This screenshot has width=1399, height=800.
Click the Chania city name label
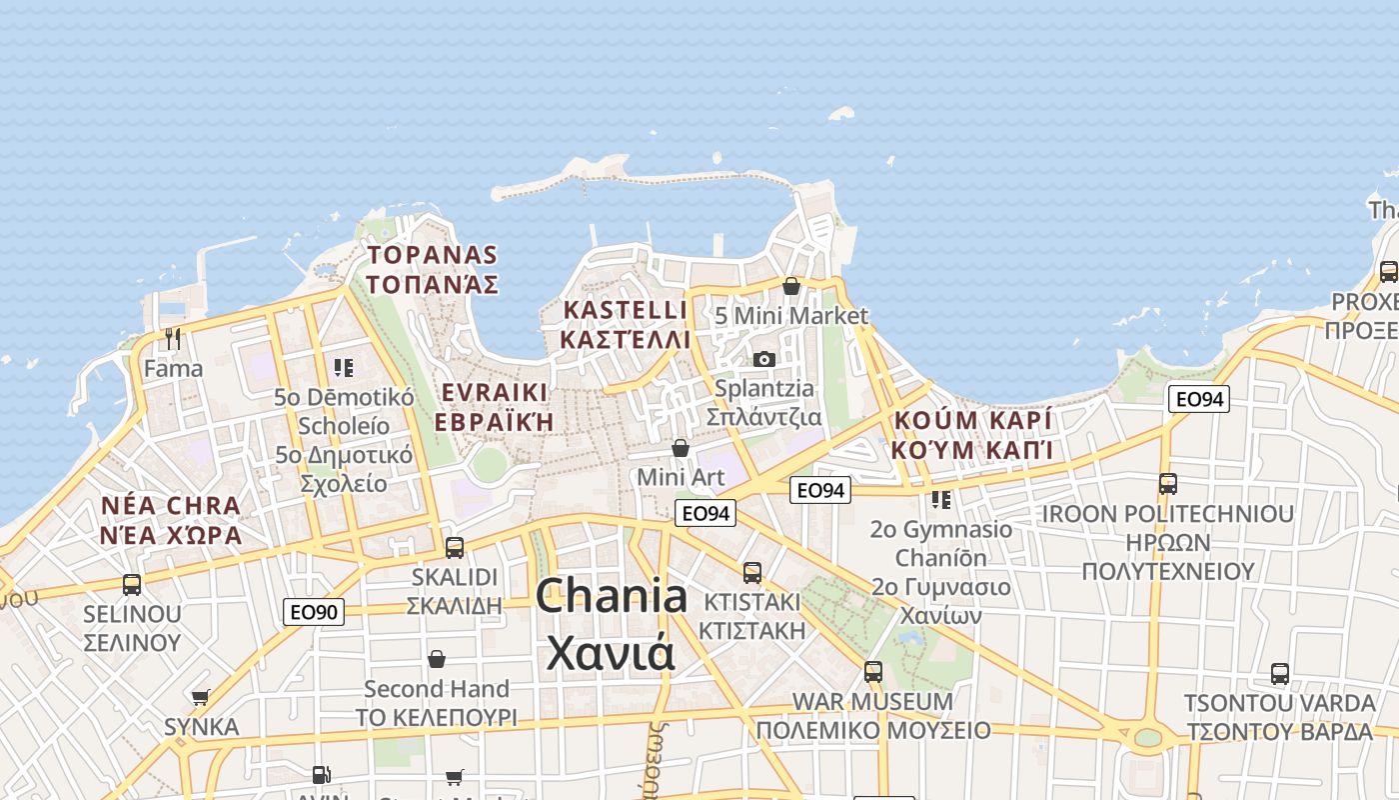(x=611, y=625)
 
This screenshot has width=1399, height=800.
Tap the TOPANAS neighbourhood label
(x=432, y=269)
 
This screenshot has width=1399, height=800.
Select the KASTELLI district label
(x=625, y=324)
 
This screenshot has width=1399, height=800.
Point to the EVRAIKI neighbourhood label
(x=494, y=405)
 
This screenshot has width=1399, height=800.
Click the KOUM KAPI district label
(x=973, y=434)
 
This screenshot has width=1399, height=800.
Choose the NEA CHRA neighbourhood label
(x=171, y=519)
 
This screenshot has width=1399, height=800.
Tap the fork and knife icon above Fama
(x=173, y=339)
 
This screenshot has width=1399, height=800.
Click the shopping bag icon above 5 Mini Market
(x=791, y=286)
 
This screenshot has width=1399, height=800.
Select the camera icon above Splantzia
(x=764, y=359)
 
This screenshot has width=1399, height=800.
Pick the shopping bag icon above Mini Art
(x=681, y=447)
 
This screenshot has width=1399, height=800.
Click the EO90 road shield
(x=314, y=611)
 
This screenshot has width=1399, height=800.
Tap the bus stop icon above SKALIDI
(x=455, y=547)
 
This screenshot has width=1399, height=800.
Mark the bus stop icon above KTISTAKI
(x=752, y=573)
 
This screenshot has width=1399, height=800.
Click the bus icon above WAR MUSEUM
(x=873, y=671)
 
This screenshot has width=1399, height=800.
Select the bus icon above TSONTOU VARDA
(x=1280, y=673)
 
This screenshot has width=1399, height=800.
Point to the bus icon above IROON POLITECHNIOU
(x=1168, y=484)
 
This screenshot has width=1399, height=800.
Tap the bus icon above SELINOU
(x=132, y=584)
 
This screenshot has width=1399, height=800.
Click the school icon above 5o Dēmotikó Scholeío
(x=344, y=367)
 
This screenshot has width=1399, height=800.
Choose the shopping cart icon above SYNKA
(x=201, y=697)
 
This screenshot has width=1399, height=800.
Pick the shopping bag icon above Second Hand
(x=437, y=658)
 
